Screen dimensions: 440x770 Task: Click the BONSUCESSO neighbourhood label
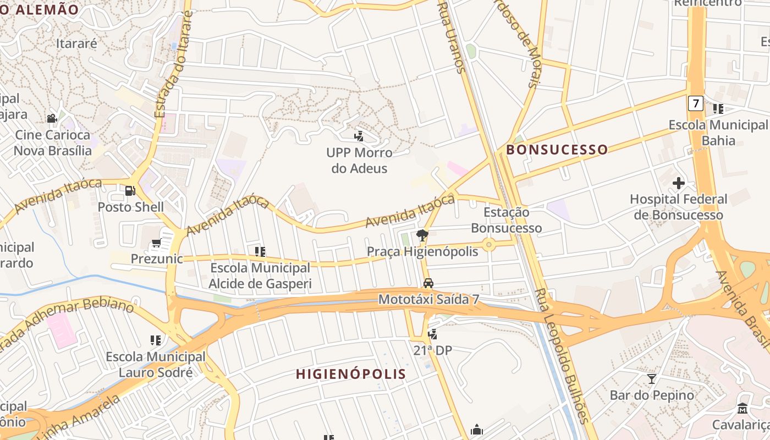(557, 150)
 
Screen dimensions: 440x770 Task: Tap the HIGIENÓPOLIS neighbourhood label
(351, 374)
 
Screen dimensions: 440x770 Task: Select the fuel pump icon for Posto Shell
(130, 191)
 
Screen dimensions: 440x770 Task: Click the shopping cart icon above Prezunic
(156, 243)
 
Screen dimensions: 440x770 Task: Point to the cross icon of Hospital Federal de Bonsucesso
(679, 183)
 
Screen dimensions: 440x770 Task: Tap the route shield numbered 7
(695, 103)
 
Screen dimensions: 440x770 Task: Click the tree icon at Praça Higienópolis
(422, 235)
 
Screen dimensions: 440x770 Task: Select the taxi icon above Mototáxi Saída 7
(428, 283)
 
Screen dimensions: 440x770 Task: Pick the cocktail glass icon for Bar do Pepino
(652, 378)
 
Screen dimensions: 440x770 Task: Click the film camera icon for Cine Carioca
(52, 118)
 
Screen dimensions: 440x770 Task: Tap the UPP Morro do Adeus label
(359, 160)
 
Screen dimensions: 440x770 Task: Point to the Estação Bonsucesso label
(506, 220)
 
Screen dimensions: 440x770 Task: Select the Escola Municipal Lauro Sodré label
(156, 365)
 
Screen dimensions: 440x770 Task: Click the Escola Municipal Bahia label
(718, 133)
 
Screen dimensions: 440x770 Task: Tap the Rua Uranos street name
(451, 36)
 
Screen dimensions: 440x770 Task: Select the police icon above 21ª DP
(433, 334)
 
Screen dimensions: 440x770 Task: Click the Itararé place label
(76, 43)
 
